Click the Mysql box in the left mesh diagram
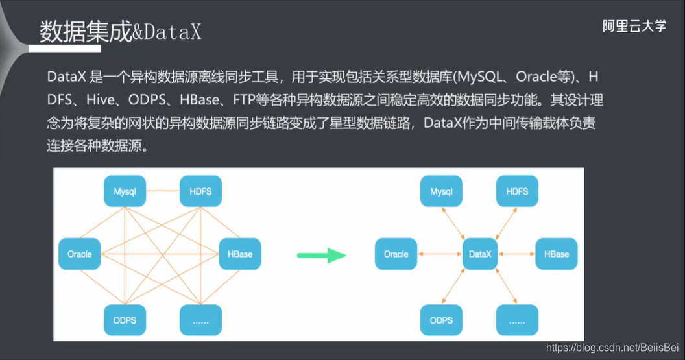click(x=125, y=192)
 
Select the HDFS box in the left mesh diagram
click(x=201, y=192)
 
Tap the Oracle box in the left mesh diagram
click(x=80, y=254)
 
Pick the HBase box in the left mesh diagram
click(x=240, y=254)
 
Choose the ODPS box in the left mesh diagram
click(x=125, y=320)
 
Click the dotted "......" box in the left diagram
click(x=201, y=320)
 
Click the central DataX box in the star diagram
click(x=481, y=254)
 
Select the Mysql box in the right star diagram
click(x=441, y=192)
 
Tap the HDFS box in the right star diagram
click(x=517, y=192)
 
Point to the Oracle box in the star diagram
click(x=396, y=254)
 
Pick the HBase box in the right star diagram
click(x=556, y=254)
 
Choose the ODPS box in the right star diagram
click(x=441, y=320)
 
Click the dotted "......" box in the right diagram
click(x=517, y=320)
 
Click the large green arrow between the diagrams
click(x=322, y=254)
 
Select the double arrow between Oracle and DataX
click(x=439, y=254)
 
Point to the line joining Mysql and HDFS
click(x=163, y=191)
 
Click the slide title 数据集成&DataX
click(x=121, y=32)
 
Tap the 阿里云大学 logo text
click(x=634, y=27)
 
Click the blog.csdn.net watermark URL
click(x=612, y=349)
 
